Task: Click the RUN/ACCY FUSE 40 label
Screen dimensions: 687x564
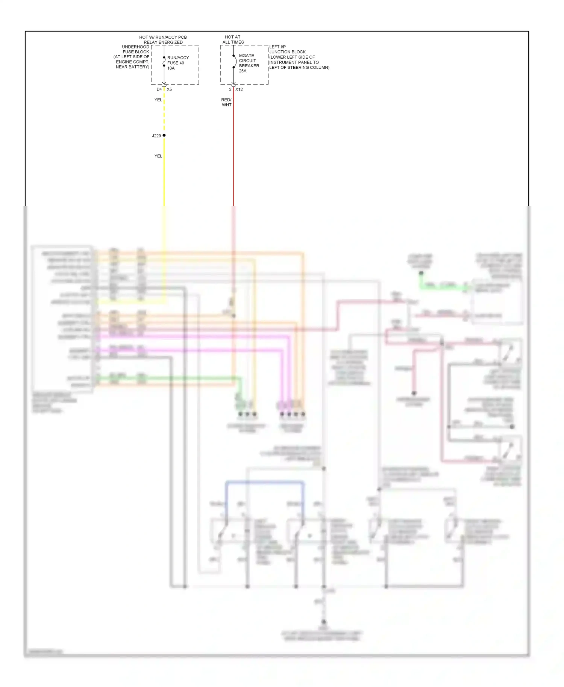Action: click(x=177, y=60)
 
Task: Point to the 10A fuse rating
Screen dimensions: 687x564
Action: click(x=171, y=68)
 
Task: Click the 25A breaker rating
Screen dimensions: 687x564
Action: click(x=243, y=71)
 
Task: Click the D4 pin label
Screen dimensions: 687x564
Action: click(x=159, y=89)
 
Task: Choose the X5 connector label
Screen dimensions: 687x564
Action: click(x=169, y=89)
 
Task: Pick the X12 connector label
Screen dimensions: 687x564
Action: click(x=239, y=89)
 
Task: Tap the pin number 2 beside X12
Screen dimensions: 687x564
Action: click(x=230, y=89)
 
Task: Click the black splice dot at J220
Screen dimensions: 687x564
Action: click(x=164, y=135)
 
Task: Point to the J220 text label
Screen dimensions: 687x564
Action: click(x=156, y=136)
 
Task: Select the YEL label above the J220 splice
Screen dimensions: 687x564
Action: click(x=158, y=100)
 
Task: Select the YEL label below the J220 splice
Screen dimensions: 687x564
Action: click(x=158, y=156)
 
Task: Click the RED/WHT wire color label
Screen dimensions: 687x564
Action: click(x=226, y=102)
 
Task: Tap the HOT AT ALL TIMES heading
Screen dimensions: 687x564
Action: click(x=233, y=39)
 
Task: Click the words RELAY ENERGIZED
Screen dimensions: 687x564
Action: click(x=163, y=42)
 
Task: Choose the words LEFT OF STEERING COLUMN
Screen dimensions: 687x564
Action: click(x=299, y=68)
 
